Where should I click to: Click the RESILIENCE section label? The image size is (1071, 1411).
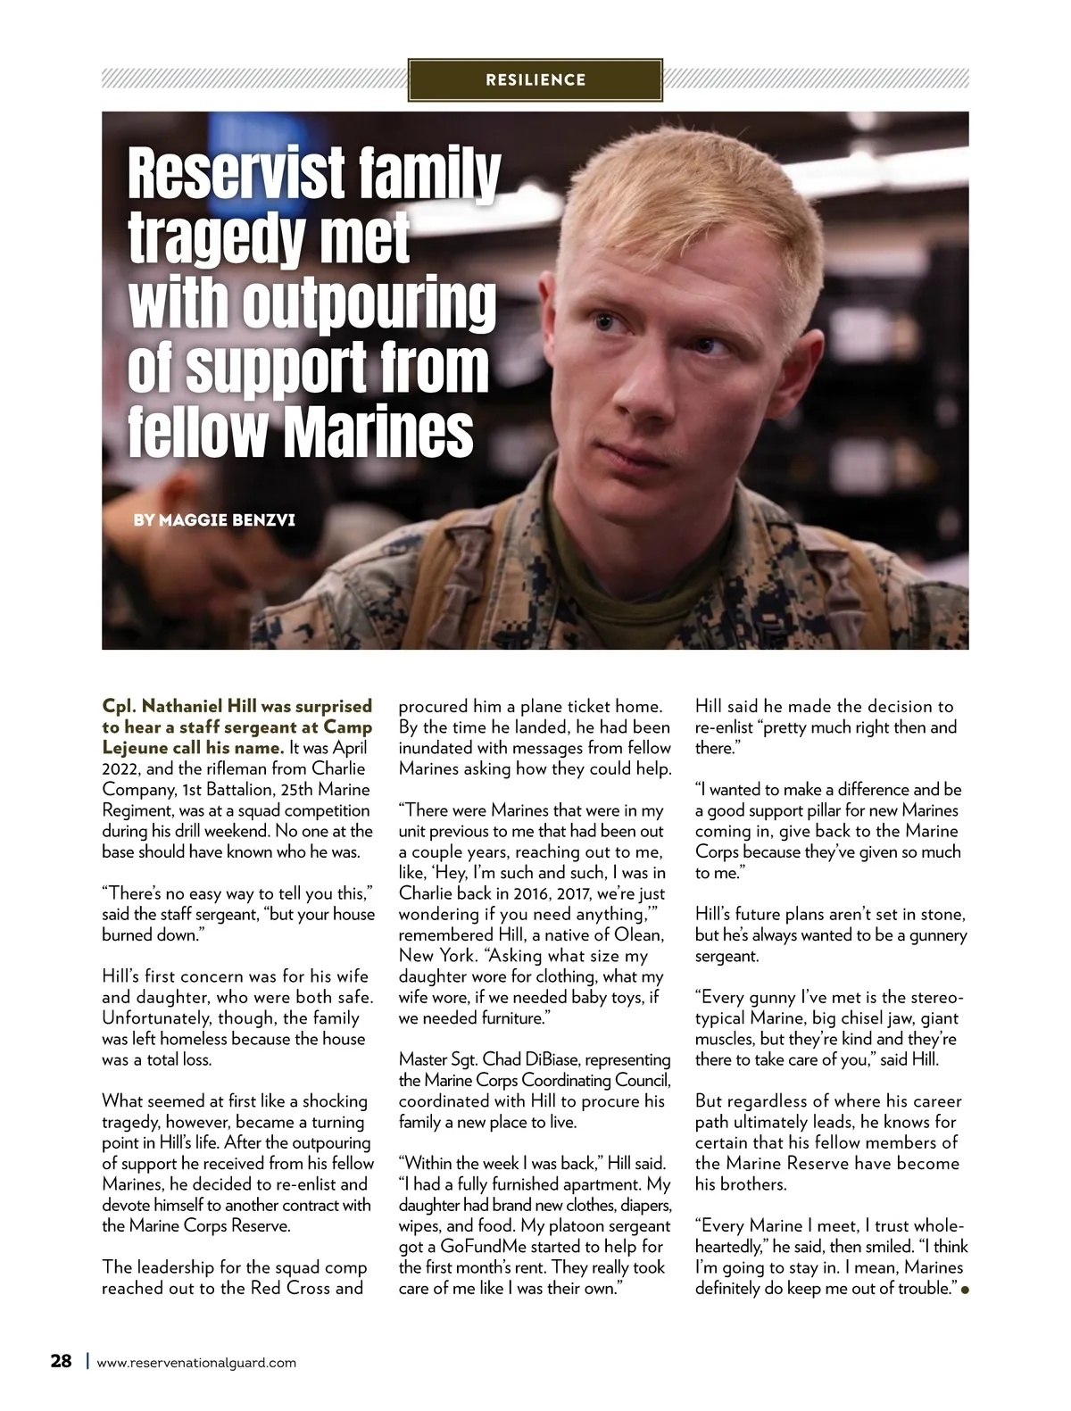(x=535, y=80)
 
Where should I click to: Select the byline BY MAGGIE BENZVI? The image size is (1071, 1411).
(x=214, y=519)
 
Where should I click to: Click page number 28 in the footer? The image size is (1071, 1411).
(x=61, y=1361)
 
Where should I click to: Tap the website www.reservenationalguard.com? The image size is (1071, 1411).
(x=196, y=1363)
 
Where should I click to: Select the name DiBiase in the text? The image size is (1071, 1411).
(x=548, y=1059)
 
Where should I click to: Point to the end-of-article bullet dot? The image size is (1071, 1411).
(x=964, y=1290)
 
